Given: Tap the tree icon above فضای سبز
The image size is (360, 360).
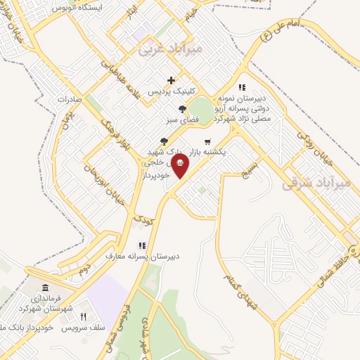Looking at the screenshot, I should pyautogui.click(x=183, y=109).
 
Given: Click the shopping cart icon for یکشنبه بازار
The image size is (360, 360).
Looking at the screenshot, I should pyautogui.click(x=207, y=141).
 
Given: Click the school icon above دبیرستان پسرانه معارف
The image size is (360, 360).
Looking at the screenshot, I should pyautogui.click(x=142, y=245).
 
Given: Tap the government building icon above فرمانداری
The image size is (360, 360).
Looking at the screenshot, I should pyautogui.click(x=46, y=288).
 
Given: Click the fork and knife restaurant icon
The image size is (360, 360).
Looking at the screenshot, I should pyautogui.click(x=83, y=317).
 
